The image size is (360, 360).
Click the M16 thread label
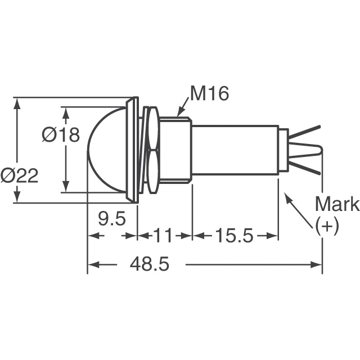[209, 94]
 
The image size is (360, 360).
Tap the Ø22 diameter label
[20, 176]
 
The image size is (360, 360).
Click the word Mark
[336, 204]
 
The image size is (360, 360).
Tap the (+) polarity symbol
[327, 226]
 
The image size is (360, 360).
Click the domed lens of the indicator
[107, 150]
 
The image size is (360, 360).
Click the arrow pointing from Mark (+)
[299, 210]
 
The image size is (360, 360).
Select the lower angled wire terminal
[307, 166]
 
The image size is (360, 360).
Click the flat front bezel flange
[134, 150]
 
